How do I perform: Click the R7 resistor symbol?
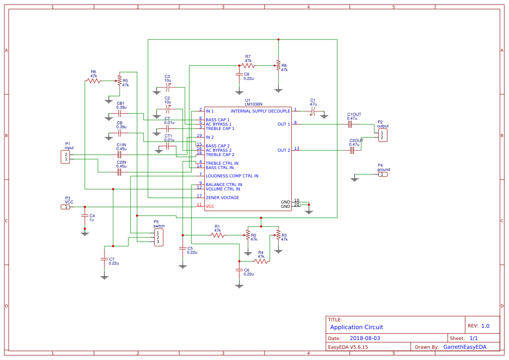click(x=248, y=66)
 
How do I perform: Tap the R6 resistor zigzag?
click(x=93, y=81)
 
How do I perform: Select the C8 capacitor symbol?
click(x=239, y=74)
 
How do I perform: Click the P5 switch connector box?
click(x=159, y=237)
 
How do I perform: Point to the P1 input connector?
click(x=65, y=157)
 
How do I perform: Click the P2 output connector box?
click(x=382, y=135)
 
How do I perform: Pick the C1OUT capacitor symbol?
click(x=350, y=124)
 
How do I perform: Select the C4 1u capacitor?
click(x=85, y=216)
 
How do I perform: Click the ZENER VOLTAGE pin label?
click(x=222, y=198)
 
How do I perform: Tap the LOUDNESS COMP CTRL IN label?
click(x=232, y=176)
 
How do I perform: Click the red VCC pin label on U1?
click(x=210, y=207)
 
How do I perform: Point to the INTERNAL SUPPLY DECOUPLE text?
click(x=260, y=111)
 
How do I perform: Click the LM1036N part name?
click(x=253, y=104)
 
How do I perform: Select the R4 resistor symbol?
click(x=261, y=261)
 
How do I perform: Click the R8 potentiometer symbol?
click(x=278, y=66)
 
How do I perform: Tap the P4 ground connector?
click(x=382, y=174)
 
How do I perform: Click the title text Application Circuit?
click(x=357, y=327)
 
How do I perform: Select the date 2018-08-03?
click(x=365, y=338)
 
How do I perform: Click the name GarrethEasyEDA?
click(x=464, y=347)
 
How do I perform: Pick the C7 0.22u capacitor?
click(x=104, y=259)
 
